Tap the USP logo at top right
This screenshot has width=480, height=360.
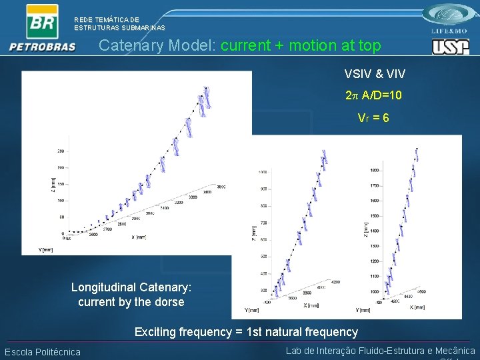[450, 47]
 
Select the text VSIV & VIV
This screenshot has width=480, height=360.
[374, 73]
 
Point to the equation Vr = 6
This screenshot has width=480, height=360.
[373, 118]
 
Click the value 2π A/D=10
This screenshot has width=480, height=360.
[373, 95]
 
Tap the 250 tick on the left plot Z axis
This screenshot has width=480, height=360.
[61, 151]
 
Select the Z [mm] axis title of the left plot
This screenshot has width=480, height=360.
[53, 181]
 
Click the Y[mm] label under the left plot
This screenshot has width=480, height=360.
[46, 249]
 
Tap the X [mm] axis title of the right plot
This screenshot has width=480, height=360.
[417, 307]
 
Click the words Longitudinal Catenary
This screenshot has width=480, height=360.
[131, 287]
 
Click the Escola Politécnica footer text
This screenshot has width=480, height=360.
[43, 352]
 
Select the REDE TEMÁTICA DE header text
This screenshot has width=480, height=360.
[107, 20]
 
